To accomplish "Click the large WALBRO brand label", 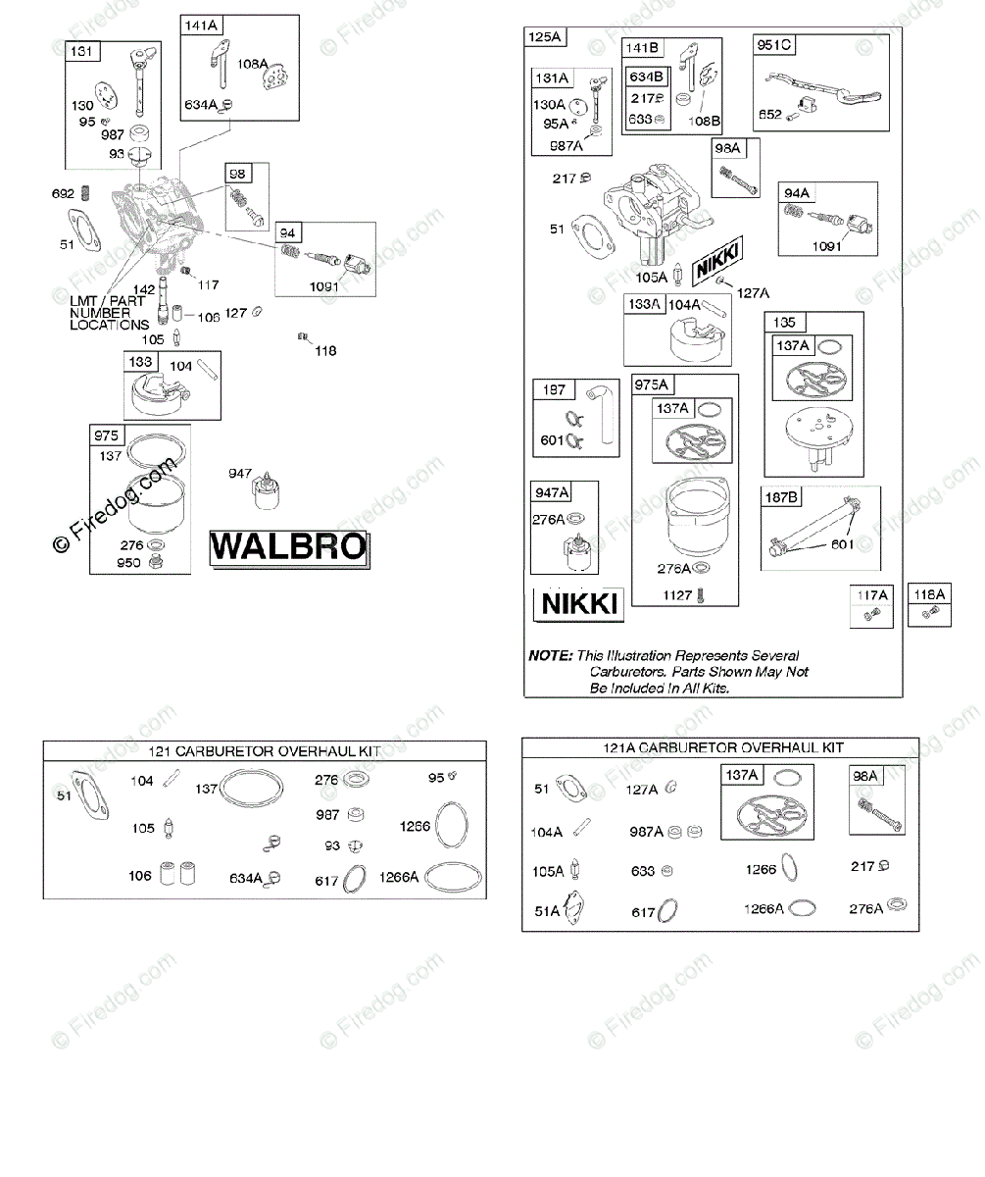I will [x=288, y=547].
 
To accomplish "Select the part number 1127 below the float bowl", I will [x=678, y=594].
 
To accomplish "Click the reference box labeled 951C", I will [x=774, y=45].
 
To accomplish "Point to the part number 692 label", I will [x=63, y=193].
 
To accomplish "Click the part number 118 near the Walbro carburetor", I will [x=324, y=350].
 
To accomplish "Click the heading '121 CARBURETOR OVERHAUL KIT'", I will [x=265, y=751].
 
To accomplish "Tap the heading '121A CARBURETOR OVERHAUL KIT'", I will [x=722, y=747].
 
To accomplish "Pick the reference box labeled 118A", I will [x=929, y=594].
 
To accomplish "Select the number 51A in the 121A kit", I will [x=547, y=911].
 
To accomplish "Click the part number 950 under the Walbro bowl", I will [x=129, y=563].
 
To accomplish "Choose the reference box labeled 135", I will [x=784, y=323].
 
